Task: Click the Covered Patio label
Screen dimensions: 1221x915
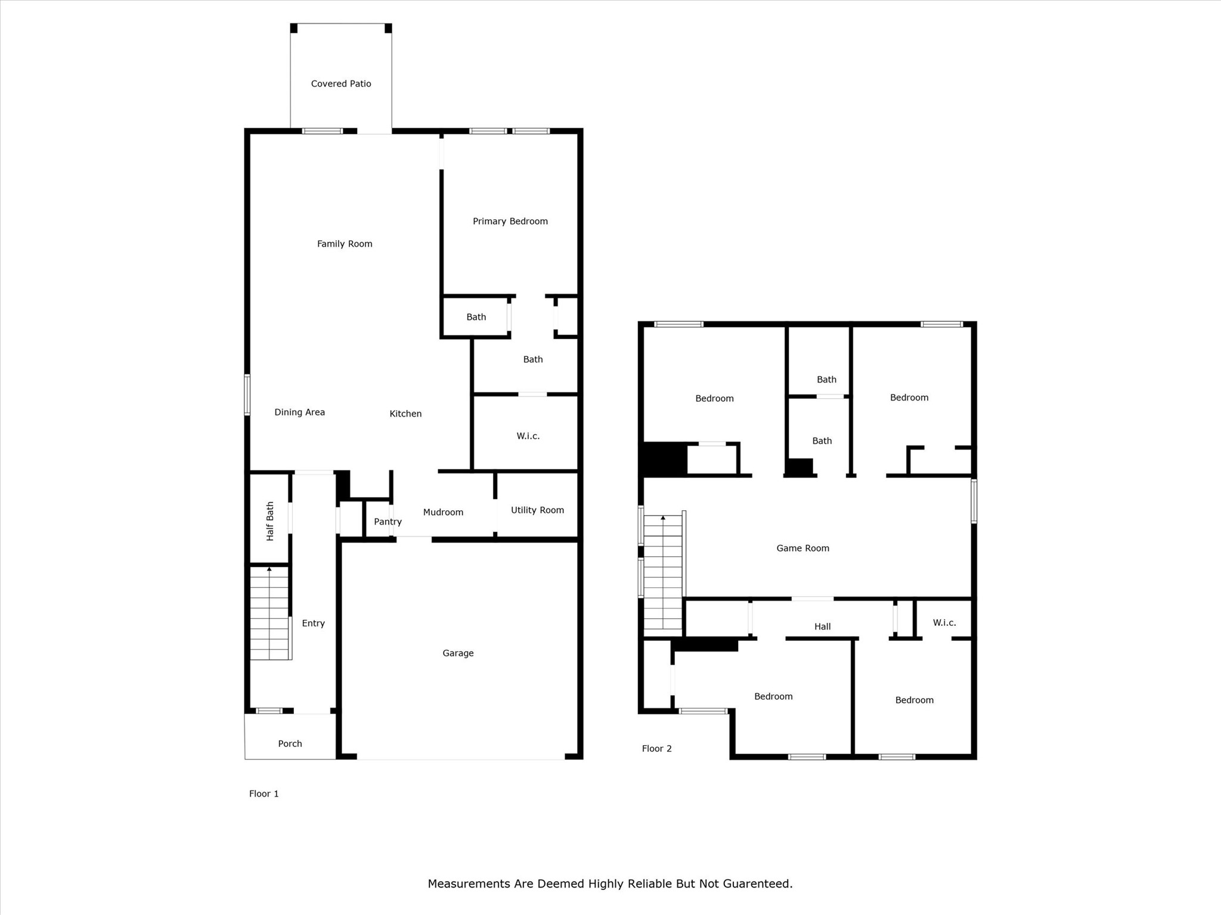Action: pyautogui.click(x=341, y=84)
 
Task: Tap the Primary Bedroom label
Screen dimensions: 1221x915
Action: pyautogui.click(x=510, y=222)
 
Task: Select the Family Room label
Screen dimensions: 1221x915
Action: pyautogui.click(x=345, y=244)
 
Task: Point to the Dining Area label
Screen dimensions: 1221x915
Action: pyautogui.click(x=299, y=412)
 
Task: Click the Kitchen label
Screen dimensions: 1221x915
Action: pyautogui.click(x=405, y=414)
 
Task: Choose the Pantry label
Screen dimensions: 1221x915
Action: pyautogui.click(x=388, y=522)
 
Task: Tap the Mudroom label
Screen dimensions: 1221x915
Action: pyautogui.click(x=443, y=512)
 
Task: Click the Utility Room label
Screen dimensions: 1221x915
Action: pyautogui.click(x=537, y=510)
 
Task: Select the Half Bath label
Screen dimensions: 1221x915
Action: pyautogui.click(x=270, y=521)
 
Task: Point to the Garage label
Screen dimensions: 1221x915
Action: pyautogui.click(x=458, y=653)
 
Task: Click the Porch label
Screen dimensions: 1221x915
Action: pyautogui.click(x=290, y=744)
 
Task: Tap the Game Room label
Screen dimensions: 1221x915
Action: pyautogui.click(x=802, y=548)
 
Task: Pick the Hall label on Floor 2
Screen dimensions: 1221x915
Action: pyautogui.click(x=822, y=626)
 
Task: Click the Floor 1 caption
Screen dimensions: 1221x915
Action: pyautogui.click(x=264, y=794)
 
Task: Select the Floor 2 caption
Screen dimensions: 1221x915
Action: pyautogui.click(x=656, y=749)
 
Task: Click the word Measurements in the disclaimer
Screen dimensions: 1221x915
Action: pyautogui.click(x=469, y=884)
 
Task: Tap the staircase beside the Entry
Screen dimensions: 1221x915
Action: pyautogui.click(x=270, y=613)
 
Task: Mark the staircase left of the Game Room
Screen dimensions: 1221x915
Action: pyautogui.click(x=663, y=572)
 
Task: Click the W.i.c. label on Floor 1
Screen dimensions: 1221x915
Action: pyautogui.click(x=528, y=436)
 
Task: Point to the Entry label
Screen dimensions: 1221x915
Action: pyautogui.click(x=313, y=624)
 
